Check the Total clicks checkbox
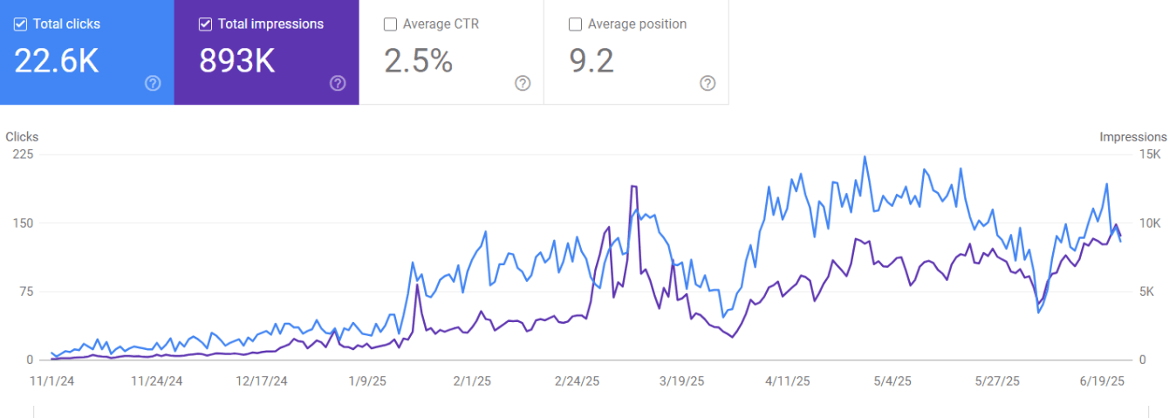coord(20,24)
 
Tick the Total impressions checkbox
coord(205,24)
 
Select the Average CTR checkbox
coord(390,24)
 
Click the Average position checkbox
coord(575,24)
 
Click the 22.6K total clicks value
coord(57,61)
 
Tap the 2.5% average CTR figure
coord(419,61)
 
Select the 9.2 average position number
coord(592,61)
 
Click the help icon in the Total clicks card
coord(153,83)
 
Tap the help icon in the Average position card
coord(708,83)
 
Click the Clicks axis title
coord(22,137)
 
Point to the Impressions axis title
coord(1132,137)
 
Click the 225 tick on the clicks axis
coord(23,154)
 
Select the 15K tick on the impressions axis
coord(1151,154)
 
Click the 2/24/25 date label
coord(578,381)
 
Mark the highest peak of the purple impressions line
coord(633,186)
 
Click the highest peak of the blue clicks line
coord(865,157)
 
